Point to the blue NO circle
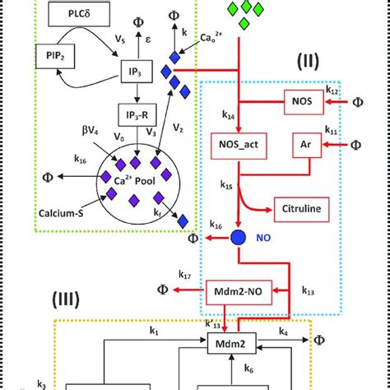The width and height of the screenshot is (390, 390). pos(238,239)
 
